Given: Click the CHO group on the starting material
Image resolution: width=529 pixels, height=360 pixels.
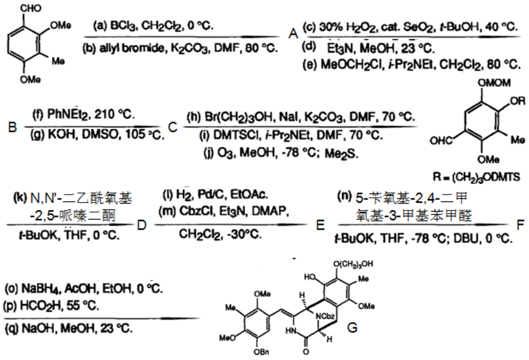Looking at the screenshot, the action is [31, 8].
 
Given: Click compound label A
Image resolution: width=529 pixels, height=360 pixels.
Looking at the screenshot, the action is [293, 34].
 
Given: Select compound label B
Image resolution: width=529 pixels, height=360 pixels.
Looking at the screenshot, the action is [13, 127].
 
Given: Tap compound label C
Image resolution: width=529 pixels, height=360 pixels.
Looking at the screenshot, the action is [173, 127].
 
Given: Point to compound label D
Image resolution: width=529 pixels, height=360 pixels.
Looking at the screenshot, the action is [142, 225].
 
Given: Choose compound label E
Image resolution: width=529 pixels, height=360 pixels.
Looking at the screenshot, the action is [320, 225].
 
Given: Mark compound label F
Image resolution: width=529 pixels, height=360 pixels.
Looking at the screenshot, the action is [520, 225].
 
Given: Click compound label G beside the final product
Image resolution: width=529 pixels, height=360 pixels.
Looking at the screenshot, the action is [352, 327].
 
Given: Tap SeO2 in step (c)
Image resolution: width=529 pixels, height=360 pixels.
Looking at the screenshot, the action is [418, 27].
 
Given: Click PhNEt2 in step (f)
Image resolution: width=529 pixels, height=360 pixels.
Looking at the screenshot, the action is [68, 114].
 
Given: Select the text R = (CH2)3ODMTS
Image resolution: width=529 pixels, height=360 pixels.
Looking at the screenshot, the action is [476, 177].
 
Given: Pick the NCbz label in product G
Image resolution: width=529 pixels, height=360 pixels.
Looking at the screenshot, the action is [326, 316].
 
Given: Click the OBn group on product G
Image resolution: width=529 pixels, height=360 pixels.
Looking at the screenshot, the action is [262, 352].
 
